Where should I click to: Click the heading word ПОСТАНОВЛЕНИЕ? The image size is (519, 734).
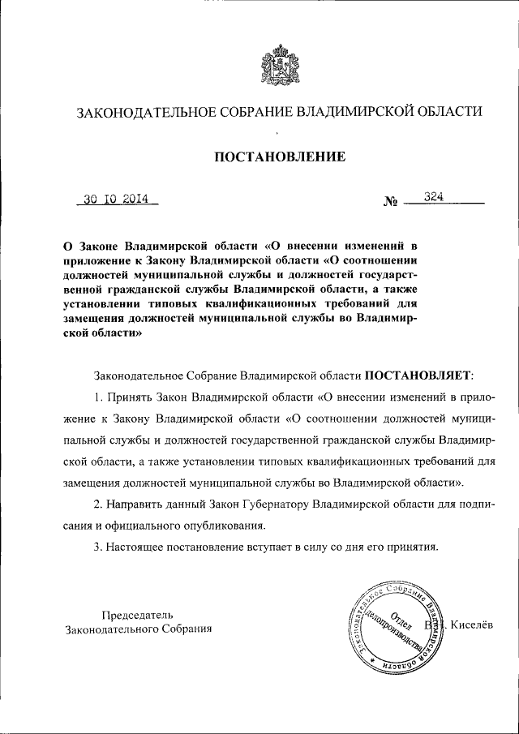coord(280,156)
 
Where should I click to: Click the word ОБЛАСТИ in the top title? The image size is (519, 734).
coord(448,112)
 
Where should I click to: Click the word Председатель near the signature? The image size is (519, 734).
coord(137,614)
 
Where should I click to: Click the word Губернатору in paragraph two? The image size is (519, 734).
coord(259,504)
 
